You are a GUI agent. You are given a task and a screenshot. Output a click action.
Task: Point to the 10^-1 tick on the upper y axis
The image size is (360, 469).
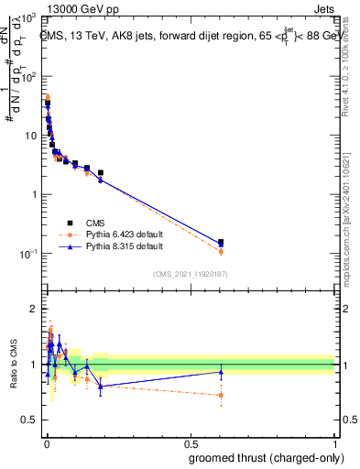28,254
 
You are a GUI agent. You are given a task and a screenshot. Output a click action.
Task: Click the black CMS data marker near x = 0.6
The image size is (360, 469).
221,243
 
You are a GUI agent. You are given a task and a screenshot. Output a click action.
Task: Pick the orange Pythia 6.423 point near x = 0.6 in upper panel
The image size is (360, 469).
221,251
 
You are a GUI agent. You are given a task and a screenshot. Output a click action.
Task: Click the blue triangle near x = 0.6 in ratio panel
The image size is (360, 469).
221,372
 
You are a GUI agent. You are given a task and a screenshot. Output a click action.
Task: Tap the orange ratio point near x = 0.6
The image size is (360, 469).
221,396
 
